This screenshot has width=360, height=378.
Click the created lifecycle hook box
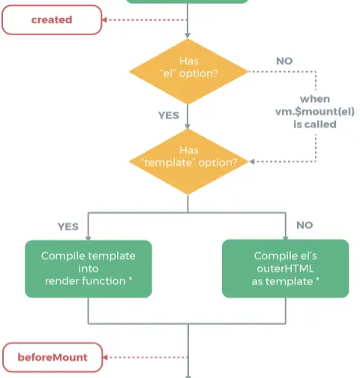(52, 19)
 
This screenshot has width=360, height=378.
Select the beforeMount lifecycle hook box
(52, 357)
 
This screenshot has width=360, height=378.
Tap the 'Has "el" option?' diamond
(188, 72)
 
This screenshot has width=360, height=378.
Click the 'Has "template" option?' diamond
(188, 162)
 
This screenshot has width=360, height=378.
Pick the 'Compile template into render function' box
(88, 268)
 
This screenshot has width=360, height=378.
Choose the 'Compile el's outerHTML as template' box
(285, 268)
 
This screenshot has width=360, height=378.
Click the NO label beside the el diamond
(284, 61)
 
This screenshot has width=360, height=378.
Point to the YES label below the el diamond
(169, 115)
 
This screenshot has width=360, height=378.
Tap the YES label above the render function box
(68, 226)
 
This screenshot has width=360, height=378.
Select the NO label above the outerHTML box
(304, 225)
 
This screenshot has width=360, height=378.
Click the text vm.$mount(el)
(315, 112)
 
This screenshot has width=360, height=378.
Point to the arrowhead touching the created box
(104, 19)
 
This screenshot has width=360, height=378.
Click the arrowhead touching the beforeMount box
(105, 357)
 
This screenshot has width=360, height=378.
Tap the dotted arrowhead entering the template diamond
(252, 162)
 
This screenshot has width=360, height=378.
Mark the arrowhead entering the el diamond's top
(187, 35)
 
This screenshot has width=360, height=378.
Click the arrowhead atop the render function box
(88, 238)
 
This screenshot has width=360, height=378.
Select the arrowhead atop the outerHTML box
(286, 237)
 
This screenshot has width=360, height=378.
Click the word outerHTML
(285, 268)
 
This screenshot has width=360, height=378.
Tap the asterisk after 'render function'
(130, 278)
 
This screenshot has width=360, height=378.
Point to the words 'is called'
(315, 124)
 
